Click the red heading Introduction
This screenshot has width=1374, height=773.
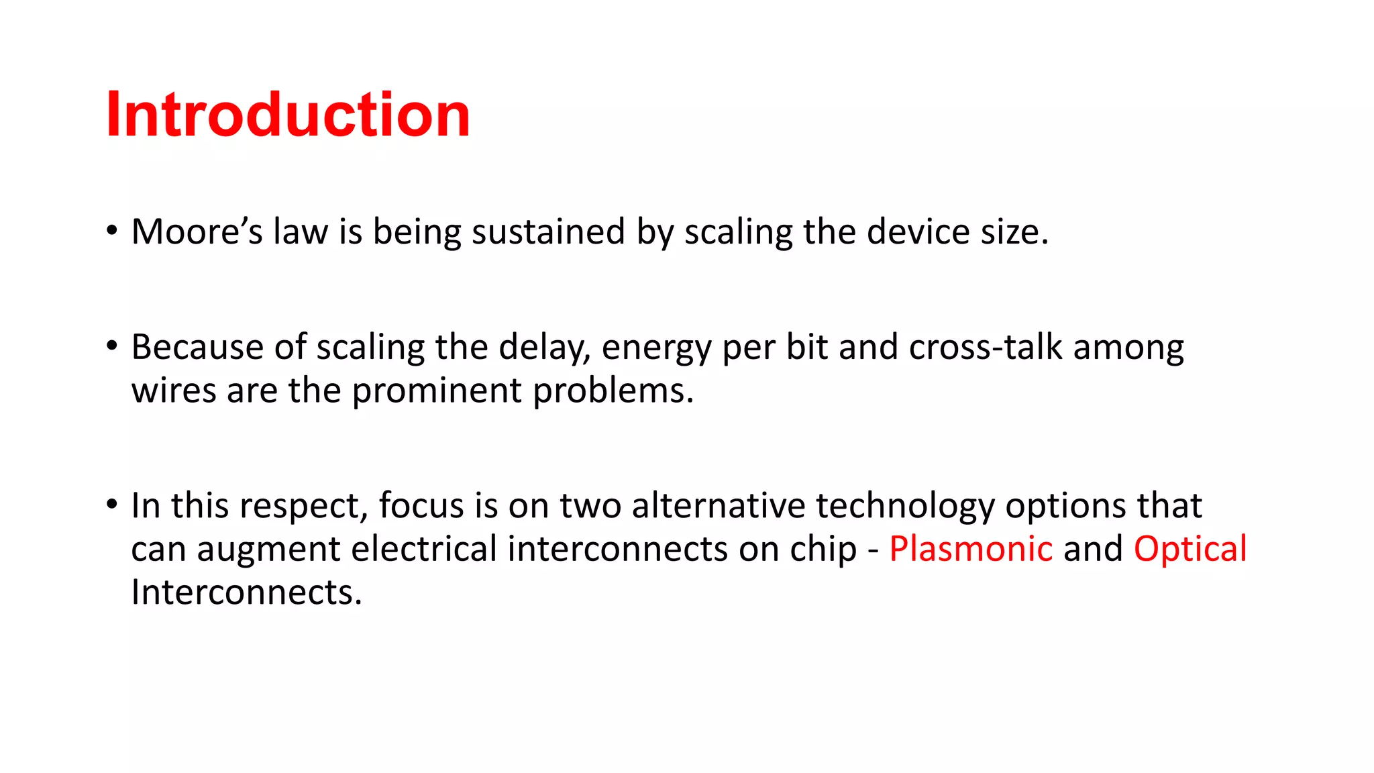pyautogui.click(x=288, y=115)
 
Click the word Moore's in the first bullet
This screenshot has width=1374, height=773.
pyautogui.click(x=197, y=232)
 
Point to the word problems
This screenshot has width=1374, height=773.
pyautogui.click(x=613, y=391)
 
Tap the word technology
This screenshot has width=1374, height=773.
pyautogui.click(x=905, y=507)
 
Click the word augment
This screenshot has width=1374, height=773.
pyautogui.click(x=268, y=550)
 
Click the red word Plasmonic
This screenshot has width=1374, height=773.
pyautogui.click(x=971, y=548)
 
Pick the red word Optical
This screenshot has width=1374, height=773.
pyautogui.click(x=1190, y=550)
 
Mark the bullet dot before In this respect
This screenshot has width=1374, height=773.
pyautogui.click(x=112, y=504)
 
